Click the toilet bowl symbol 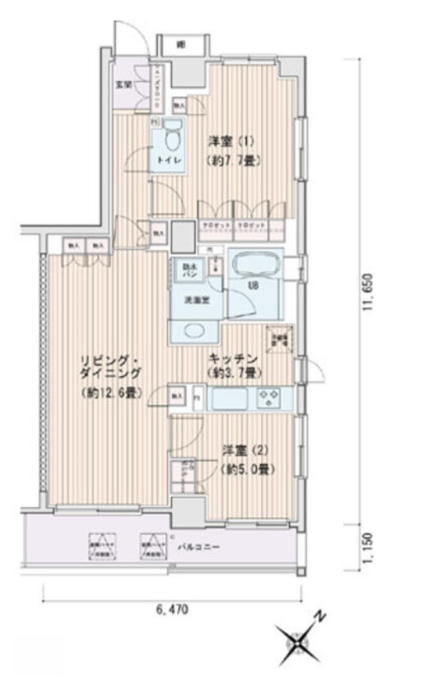click(171, 137)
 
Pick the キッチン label click(228, 358)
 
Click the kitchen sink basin click(230, 399)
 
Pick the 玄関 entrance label click(123, 83)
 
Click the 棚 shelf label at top click(180, 44)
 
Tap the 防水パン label click(188, 271)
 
